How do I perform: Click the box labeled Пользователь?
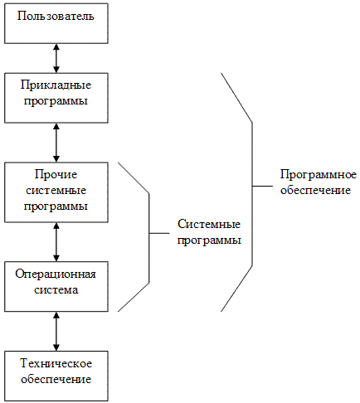[x=56, y=22]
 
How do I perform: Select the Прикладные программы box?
[x=56, y=93]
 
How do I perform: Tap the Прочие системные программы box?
[x=56, y=191]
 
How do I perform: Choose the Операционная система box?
[x=56, y=284]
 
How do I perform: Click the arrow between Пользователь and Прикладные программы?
[x=56, y=58]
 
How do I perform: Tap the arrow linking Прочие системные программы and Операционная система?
[x=56, y=241]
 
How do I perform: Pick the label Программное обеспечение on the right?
[x=318, y=182]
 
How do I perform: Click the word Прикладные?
[x=56, y=85]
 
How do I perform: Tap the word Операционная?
[x=56, y=276]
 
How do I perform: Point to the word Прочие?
[x=56, y=175]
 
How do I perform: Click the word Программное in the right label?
[x=318, y=175]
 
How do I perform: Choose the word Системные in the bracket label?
[x=209, y=226]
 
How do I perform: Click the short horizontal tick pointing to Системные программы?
[x=159, y=234]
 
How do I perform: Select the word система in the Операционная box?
[x=56, y=291]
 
